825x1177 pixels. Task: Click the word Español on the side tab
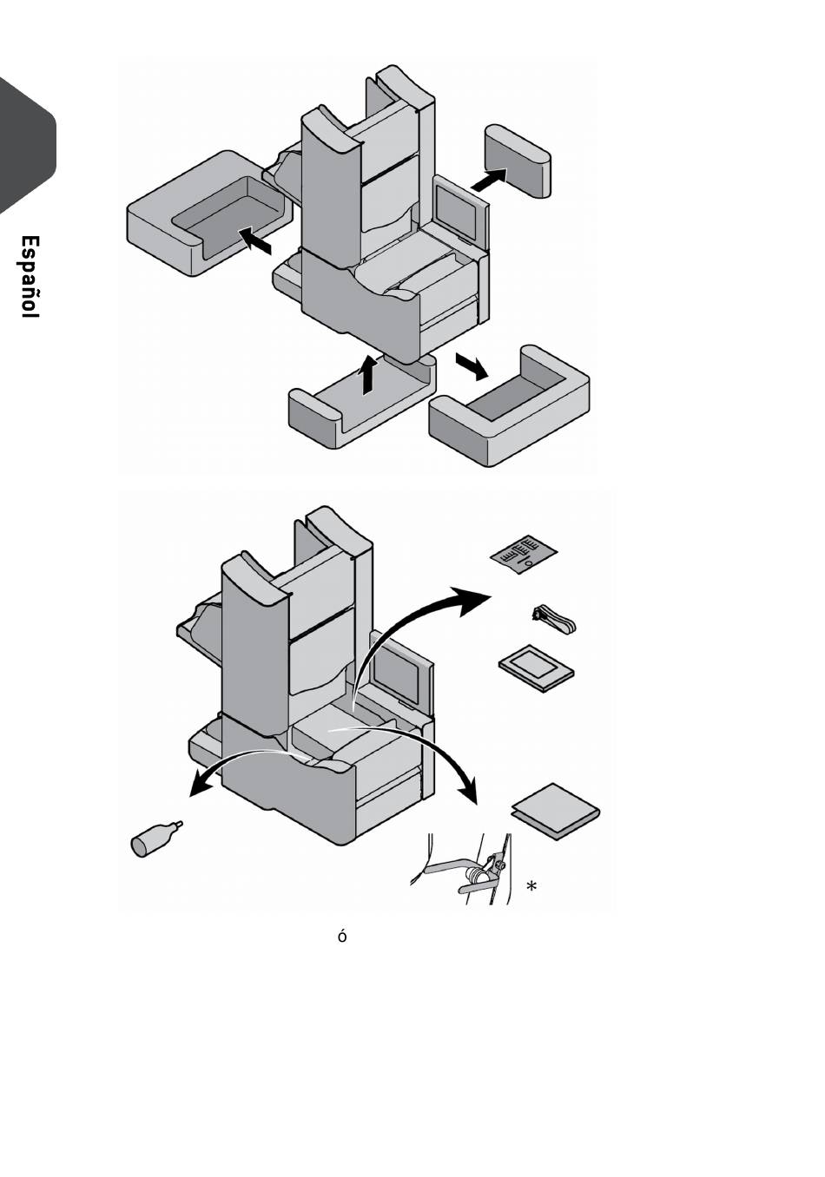pos(29,277)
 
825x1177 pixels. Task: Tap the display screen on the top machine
pos(455,206)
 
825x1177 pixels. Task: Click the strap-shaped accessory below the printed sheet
pos(555,621)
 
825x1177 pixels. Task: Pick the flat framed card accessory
pos(536,667)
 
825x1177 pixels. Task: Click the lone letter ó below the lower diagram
pos(342,937)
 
